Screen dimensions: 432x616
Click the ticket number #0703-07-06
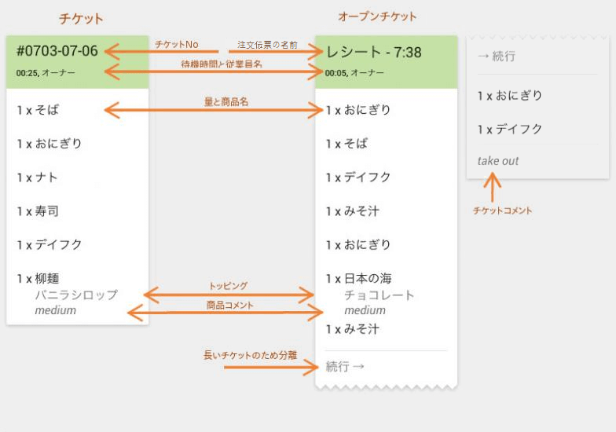point(57,52)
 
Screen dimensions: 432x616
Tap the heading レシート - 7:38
point(374,53)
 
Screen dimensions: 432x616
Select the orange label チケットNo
point(177,44)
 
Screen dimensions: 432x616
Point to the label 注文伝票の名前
point(267,45)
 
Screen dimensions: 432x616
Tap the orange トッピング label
point(228,286)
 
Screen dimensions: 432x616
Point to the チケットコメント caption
point(502,211)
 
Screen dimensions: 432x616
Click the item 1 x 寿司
point(38,211)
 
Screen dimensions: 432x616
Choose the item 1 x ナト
point(38,178)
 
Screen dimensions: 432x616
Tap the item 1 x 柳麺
point(38,279)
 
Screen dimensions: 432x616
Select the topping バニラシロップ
point(75,295)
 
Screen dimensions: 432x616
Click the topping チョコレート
point(379,295)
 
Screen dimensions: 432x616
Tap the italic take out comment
point(498,161)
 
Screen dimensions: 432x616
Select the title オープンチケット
point(377,16)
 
